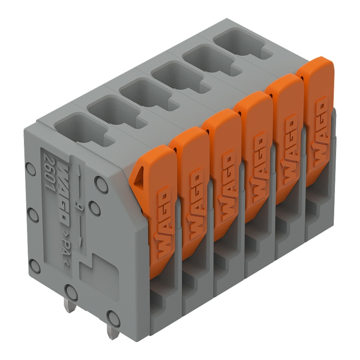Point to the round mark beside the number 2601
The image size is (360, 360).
tap(31, 168)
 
